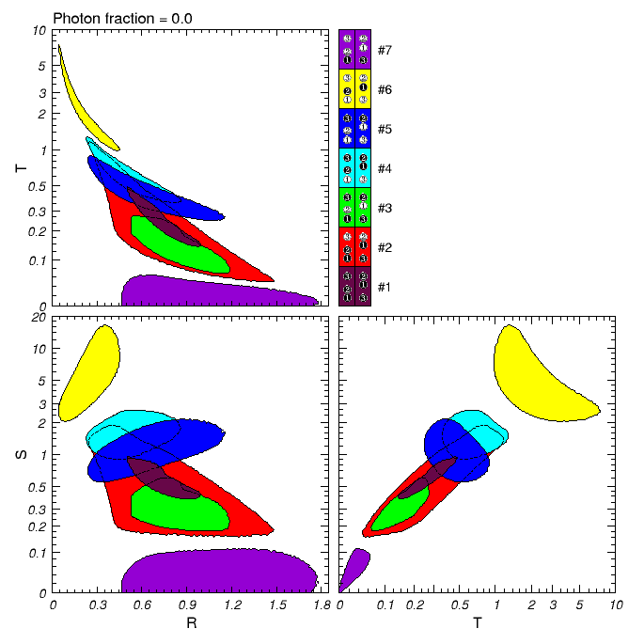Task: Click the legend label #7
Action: click(x=385, y=49)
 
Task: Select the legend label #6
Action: click(x=385, y=88)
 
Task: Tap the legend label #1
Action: click(x=385, y=286)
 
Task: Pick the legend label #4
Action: click(x=385, y=167)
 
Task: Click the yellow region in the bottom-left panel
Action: click(x=94, y=371)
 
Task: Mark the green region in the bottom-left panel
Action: click(x=179, y=508)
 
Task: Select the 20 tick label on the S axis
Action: click(x=39, y=319)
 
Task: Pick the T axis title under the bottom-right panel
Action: click(x=478, y=624)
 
